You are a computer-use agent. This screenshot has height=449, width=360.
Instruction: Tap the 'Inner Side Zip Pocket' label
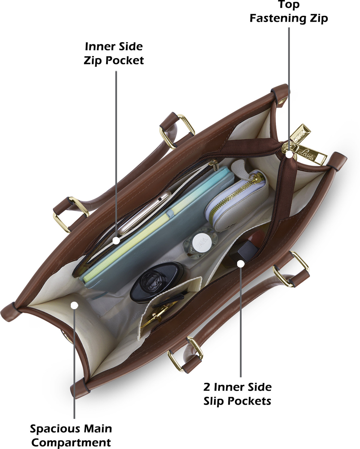pyautogui.click(x=114, y=54)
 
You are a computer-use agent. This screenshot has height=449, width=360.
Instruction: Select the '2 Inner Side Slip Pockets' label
pyautogui.click(x=237, y=394)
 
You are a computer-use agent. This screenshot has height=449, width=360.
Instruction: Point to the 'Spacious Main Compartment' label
pyautogui.click(x=71, y=435)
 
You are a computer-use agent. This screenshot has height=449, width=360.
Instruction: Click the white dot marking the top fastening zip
pyautogui.click(x=289, y=154)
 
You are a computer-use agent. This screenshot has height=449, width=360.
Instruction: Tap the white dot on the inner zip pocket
pyautogui.click(x=116, y=241)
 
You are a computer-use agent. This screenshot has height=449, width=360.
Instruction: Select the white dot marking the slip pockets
pyautogui.click(x=241, y=264)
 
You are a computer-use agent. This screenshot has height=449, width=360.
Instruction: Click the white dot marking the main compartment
pyautogui.click(x=74, y=305)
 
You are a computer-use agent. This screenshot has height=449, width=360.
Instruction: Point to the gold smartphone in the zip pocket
pyautogui.click(x=144, y=213)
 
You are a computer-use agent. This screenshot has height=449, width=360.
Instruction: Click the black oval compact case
pyautogui.click(x=157, y=282)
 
